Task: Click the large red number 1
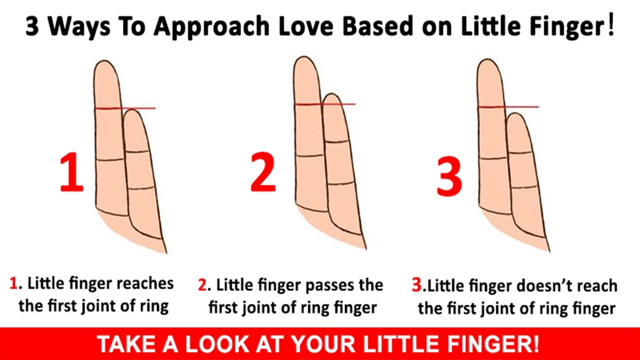pyautogui.click(x=72, y=172)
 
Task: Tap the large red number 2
pyautogui.click(x=263, y=172)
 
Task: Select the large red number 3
pyautogui.click(x=449, y=176)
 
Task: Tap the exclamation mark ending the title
pyautogui.click(x=610, y=25)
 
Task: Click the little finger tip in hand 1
pyautogui.click(x=132, y=110)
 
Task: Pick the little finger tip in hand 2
pyautogui.click(x=331, y=94)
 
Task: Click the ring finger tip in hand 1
pyautogui.click(x=105, y=61)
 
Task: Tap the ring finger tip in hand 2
pyautogui.click(x=304, y=57)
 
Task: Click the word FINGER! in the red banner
pyautogui.click(x=493, y=344)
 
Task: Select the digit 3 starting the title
pyautogui.click(x=32, y=26)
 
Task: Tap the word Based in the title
pyautogui.click(x=377, y=26)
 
